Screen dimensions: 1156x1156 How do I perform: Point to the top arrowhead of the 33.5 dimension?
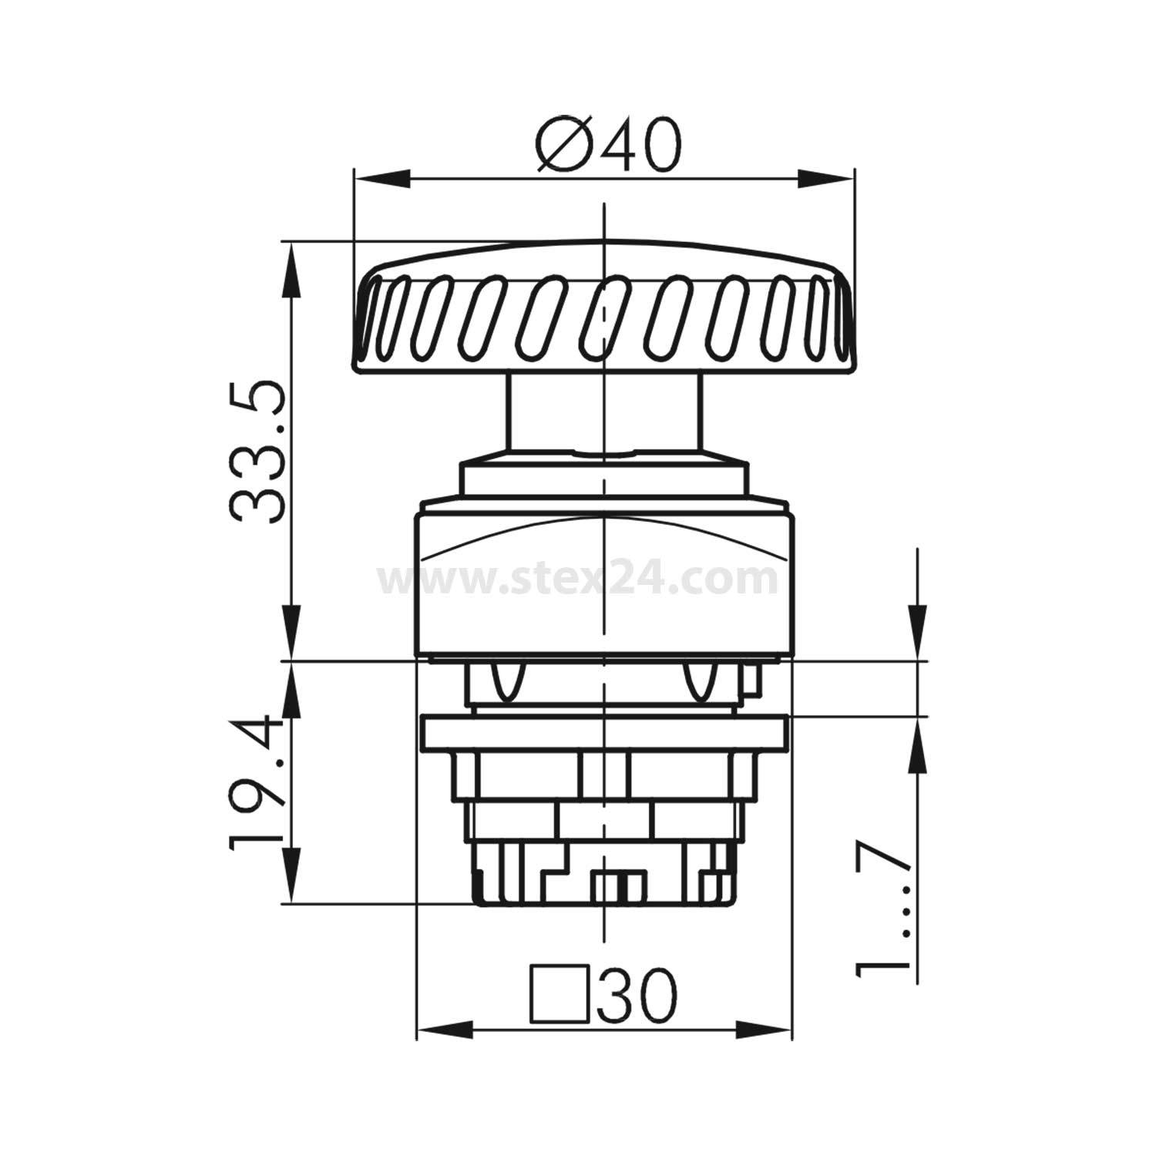[x=291, y=270]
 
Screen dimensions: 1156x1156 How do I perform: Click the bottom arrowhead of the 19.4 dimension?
[x=291, y=879]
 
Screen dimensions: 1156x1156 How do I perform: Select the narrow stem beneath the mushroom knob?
[x=603, y=412]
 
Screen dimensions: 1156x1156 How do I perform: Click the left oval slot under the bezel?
[x=506, y=682]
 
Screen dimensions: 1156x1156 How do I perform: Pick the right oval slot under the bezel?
[x=699, y=682]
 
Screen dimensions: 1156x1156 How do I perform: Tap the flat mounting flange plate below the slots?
[x=603, y=733]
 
